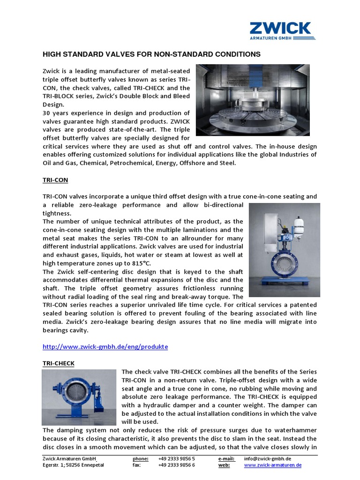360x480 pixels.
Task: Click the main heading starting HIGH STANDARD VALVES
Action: point(151,54)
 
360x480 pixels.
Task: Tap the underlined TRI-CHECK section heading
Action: point(58,363)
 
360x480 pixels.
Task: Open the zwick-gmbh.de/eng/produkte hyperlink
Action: point(105,347)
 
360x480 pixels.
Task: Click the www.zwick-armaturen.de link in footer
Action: point(272,465)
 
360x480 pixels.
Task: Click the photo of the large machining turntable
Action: point(252,100)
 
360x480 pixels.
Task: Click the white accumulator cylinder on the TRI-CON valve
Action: point(299,225)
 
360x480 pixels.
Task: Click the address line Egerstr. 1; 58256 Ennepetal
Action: point(73,465)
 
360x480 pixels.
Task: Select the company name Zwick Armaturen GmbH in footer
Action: point(69,458)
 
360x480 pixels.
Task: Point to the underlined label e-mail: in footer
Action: point(227,458)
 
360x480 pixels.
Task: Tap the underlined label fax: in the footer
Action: point(137,465)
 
